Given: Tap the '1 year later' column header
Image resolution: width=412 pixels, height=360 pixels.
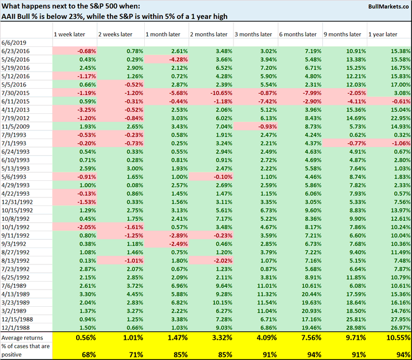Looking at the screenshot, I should point(383,34).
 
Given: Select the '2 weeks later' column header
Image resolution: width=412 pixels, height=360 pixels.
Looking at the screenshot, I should point(117,34).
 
